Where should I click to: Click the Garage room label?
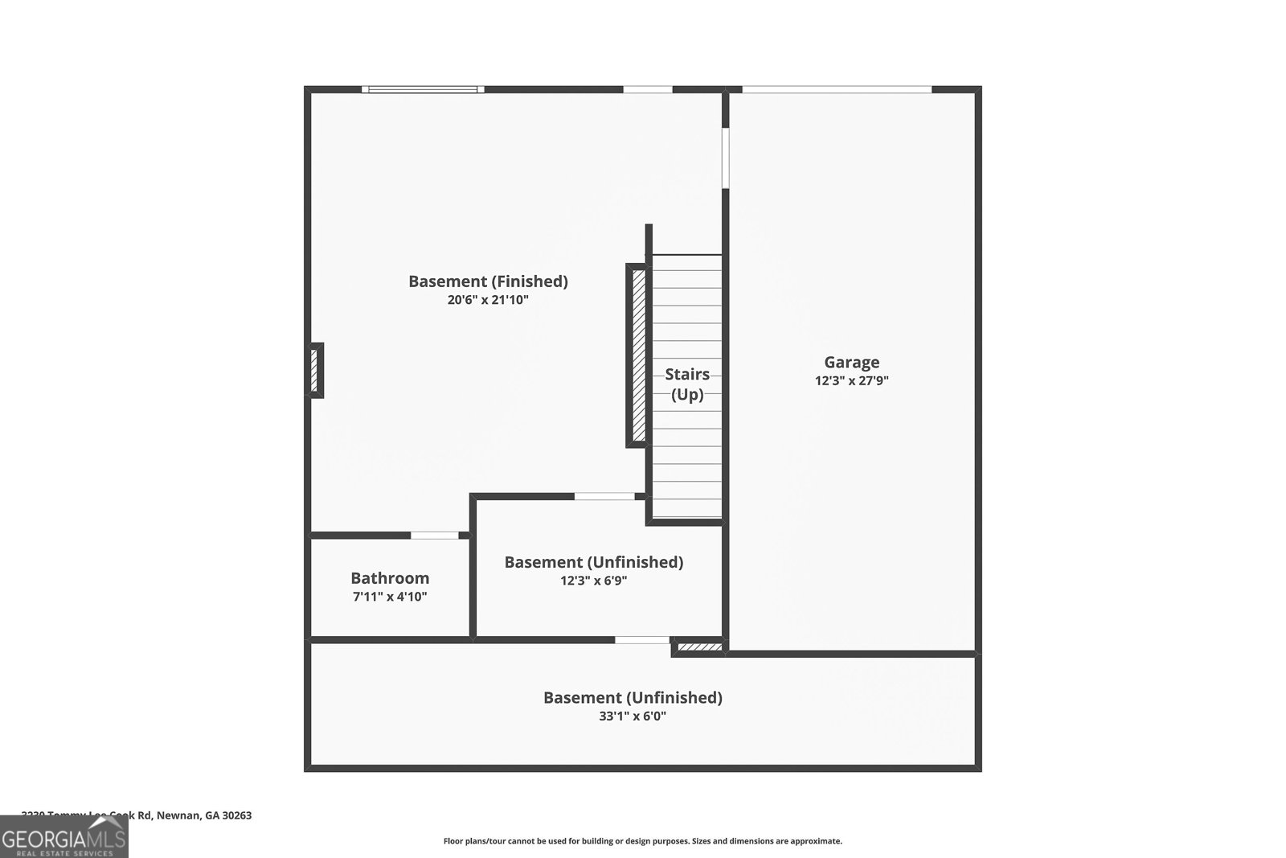point(851,363)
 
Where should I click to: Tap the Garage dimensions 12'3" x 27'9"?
point(851,381)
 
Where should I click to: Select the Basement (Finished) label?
point(488,281)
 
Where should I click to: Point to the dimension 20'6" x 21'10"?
point(488,300)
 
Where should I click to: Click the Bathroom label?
point(390,578)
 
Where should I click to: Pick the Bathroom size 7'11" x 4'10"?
point(390,597)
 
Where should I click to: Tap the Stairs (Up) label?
point(687,384)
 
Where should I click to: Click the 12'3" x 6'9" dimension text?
point(593,581)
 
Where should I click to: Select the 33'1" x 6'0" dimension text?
point(633,716)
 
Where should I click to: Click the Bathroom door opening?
point(435,535)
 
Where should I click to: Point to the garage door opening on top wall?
point(837,89)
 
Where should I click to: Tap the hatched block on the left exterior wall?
point(317,370)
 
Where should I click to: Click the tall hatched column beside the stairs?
point(638,355)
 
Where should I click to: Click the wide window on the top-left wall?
point(423,89)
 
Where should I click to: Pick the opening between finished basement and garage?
point(725,158)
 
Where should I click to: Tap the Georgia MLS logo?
point(63,836)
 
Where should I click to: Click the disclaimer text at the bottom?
point(642,841)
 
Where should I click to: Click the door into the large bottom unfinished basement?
point(642,640)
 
